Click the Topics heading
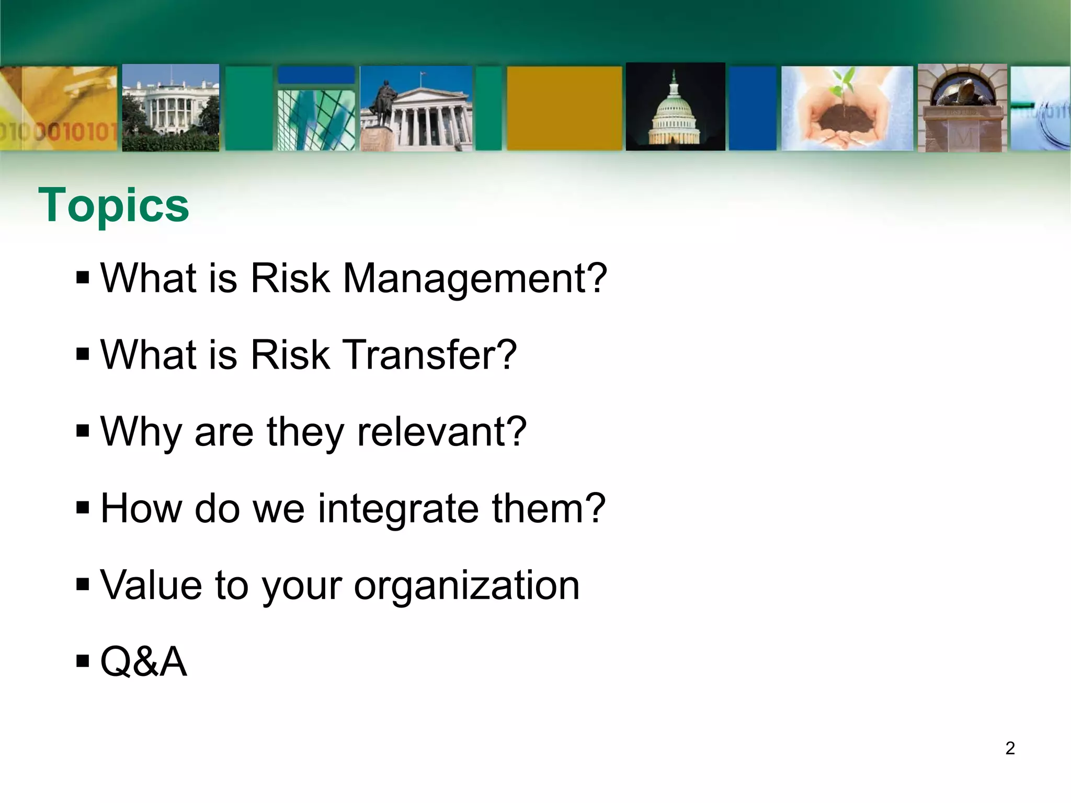[x=113, y=205]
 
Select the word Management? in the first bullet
[x=475, y=279]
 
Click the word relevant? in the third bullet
[x=441, y=432]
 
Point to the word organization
[x=466, y=585]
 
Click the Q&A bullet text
[x=143, y=662]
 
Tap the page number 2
[x=1010, y=748]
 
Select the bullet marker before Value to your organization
[x=83, y=584]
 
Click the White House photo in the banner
[x=170, y=108]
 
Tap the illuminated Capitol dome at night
[x=675, y=112]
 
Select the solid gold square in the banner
[x=564, y=108]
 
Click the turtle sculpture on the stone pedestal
[x=962, y=94]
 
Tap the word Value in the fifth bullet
[x=151, y=585]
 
